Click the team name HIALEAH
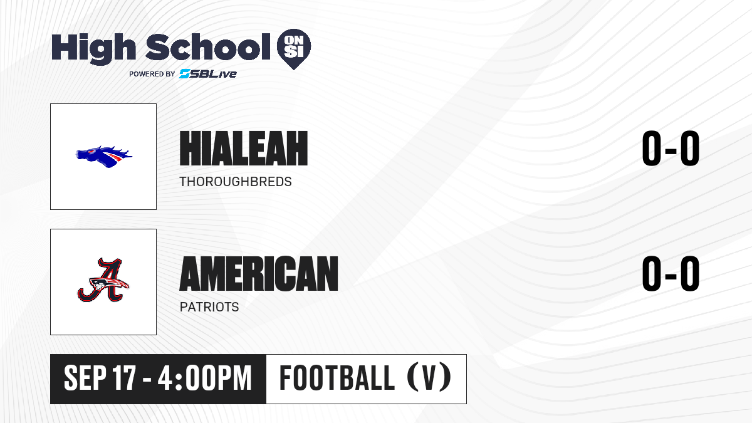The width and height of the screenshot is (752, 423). [x=244, y=149]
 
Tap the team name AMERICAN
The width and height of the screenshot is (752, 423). [x=259, y=274]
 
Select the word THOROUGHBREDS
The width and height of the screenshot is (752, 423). [x=236, y=182]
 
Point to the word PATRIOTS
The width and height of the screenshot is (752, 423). [x=209, y=307]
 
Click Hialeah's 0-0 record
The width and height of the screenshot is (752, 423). [x=671, y=149]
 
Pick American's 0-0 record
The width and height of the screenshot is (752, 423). [x=671, y=274]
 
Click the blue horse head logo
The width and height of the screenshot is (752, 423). [x=104, y=157]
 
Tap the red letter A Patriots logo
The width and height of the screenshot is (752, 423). [x=103, y=280]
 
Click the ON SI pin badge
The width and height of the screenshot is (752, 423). [x=294, y=49]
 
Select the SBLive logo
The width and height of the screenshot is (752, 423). [x=208, y=74]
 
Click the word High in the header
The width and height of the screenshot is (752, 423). [x=94, y=48]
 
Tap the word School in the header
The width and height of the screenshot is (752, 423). [x=208, y=47]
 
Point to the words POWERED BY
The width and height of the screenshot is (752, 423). [x=152, y=74]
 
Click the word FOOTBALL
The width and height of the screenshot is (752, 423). [x=337, y=379]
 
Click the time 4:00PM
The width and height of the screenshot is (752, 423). [x=205, y=379]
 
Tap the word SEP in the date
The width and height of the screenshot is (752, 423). [x=85, y=379]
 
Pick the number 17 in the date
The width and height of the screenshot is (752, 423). [x=124, y=379]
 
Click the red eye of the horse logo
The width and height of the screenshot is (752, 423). [x=90, y=152]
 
